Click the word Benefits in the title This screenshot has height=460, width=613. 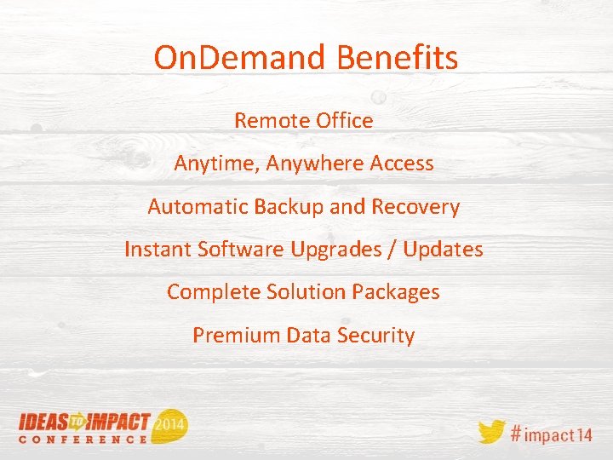click(x=398, y=58)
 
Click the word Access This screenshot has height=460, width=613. click(x=402, y=164)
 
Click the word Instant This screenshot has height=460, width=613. click(x=158, y=250)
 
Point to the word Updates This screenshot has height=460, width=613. click(x=444, y=250)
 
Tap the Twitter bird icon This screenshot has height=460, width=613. click(x=491, y=431)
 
